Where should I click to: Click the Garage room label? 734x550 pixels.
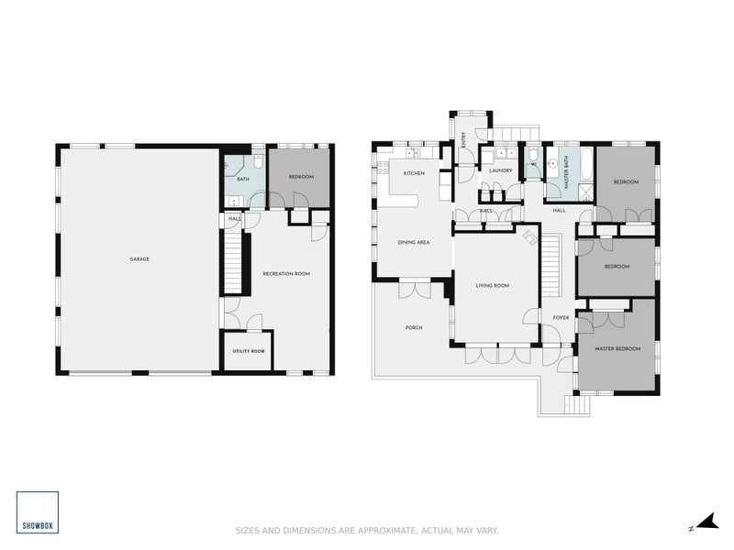pos(139,259)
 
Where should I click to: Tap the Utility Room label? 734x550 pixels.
pos(248,351)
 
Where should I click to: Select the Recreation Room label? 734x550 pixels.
pos(285,274)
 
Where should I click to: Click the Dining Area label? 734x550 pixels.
pos(413,243)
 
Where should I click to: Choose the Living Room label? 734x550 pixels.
pos(492,286)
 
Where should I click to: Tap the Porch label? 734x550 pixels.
pos(414,327)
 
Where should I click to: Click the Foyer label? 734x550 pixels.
pos(561,318)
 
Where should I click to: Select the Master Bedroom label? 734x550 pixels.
pos(617,349)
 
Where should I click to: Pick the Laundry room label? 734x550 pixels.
pos(500,170)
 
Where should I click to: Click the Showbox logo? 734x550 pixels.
pos(37,512)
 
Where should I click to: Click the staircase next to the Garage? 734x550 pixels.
pos(235,260)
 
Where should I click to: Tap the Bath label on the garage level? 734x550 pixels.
pos(243,180)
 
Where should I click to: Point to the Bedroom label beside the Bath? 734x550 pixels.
pos(301,177)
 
